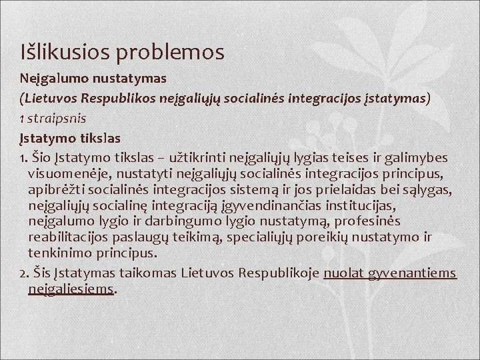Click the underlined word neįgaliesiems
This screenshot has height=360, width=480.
click(x=71, y=289)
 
